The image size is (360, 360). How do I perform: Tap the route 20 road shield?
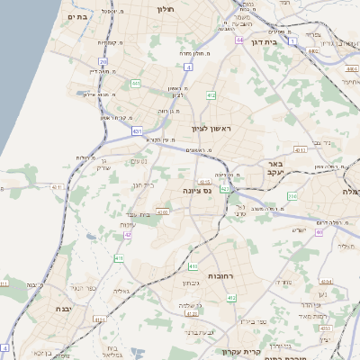click(x=103, y=61)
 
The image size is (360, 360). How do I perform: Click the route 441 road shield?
click(x=136, y=84)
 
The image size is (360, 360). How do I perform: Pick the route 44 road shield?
click(x=239, y=40)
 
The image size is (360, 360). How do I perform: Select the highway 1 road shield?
click(x=292, y=40)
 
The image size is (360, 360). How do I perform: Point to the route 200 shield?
click(x=292, y=195)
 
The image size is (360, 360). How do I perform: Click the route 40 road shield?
click(x=319, y=231)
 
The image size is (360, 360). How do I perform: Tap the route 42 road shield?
click(x=128, y=235)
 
